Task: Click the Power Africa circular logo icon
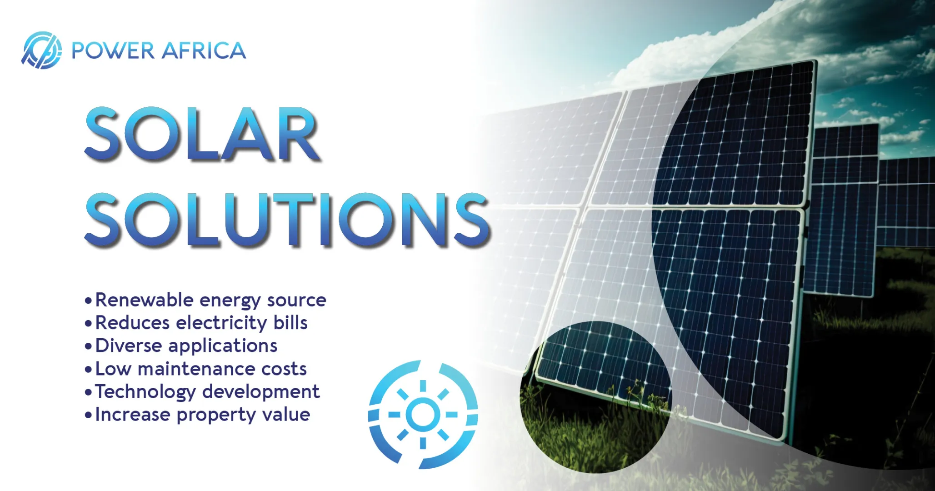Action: pos(41,50)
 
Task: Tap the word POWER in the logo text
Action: pos(113,50)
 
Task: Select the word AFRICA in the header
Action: pos(204,50)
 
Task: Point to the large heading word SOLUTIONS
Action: pos(288,220)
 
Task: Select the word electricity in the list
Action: pos(221,324)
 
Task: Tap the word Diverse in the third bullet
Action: pos(129,346)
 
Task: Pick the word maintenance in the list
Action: pos(197,369)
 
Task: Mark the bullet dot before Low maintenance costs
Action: pos(88,369)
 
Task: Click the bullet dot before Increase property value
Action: pos(88,415)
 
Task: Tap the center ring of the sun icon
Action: pos(423,414)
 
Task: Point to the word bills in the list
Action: pos(290,323)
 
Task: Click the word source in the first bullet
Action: pos(296,301)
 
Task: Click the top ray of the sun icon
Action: pos(423,386)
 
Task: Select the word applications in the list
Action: pos(223,346)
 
